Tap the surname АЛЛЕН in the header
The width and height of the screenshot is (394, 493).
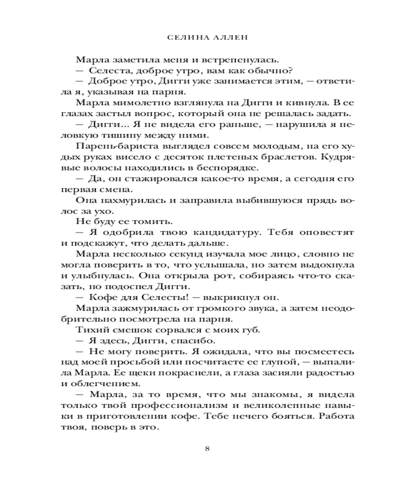218,37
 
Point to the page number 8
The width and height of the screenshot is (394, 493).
207,448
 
